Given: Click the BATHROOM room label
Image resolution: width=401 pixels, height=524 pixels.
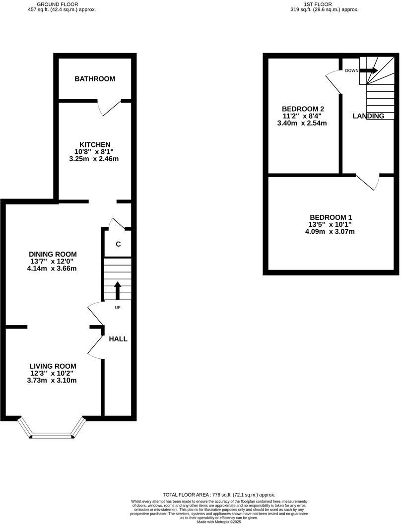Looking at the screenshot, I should (95, 79).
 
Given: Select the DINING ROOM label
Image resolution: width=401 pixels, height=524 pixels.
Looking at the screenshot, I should (53, 254).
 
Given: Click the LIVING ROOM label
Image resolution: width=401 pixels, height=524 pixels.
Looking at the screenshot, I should (53, 366).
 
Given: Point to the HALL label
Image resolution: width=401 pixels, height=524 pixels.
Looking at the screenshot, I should (118, 339).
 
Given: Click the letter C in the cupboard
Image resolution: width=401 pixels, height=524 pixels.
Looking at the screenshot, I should (118, 244).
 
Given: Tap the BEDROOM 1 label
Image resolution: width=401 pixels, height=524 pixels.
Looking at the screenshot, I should (331, 217).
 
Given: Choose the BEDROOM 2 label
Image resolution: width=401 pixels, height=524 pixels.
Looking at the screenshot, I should (303, 109).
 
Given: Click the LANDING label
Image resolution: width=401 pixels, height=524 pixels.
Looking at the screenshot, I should (368, 116).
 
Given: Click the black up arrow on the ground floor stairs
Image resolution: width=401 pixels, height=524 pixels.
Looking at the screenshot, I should (118, 290).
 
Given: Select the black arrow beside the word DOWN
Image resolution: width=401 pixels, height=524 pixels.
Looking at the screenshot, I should (369, 70).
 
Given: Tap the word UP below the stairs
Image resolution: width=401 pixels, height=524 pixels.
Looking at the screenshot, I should (118, 307).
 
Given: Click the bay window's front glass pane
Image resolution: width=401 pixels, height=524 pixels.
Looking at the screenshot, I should (52, 437).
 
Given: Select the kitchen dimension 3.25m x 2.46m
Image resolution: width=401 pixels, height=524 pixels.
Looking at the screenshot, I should (95, 159).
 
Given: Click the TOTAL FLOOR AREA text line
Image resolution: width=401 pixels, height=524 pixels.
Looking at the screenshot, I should (219, 495).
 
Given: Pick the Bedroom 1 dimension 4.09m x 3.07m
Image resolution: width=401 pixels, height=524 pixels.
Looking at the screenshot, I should (331, 232).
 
